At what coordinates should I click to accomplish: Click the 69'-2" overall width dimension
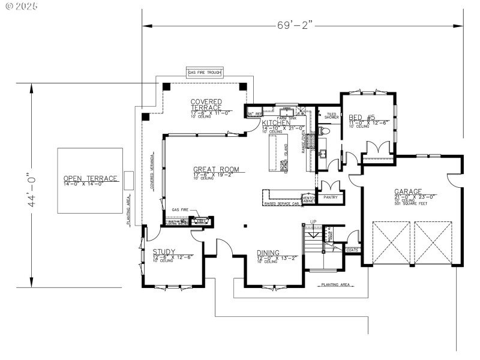295,25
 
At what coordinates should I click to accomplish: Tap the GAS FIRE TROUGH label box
205,73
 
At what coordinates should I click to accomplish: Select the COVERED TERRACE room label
206,104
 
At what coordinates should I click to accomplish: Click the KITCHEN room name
276,123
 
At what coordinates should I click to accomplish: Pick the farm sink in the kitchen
287,112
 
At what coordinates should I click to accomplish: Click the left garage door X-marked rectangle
391,242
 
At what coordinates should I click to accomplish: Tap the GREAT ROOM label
215,170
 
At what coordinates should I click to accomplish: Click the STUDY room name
163,252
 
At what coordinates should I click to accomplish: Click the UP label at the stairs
313,223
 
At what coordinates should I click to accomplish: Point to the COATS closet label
352,250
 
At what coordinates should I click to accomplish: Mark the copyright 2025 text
20,7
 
